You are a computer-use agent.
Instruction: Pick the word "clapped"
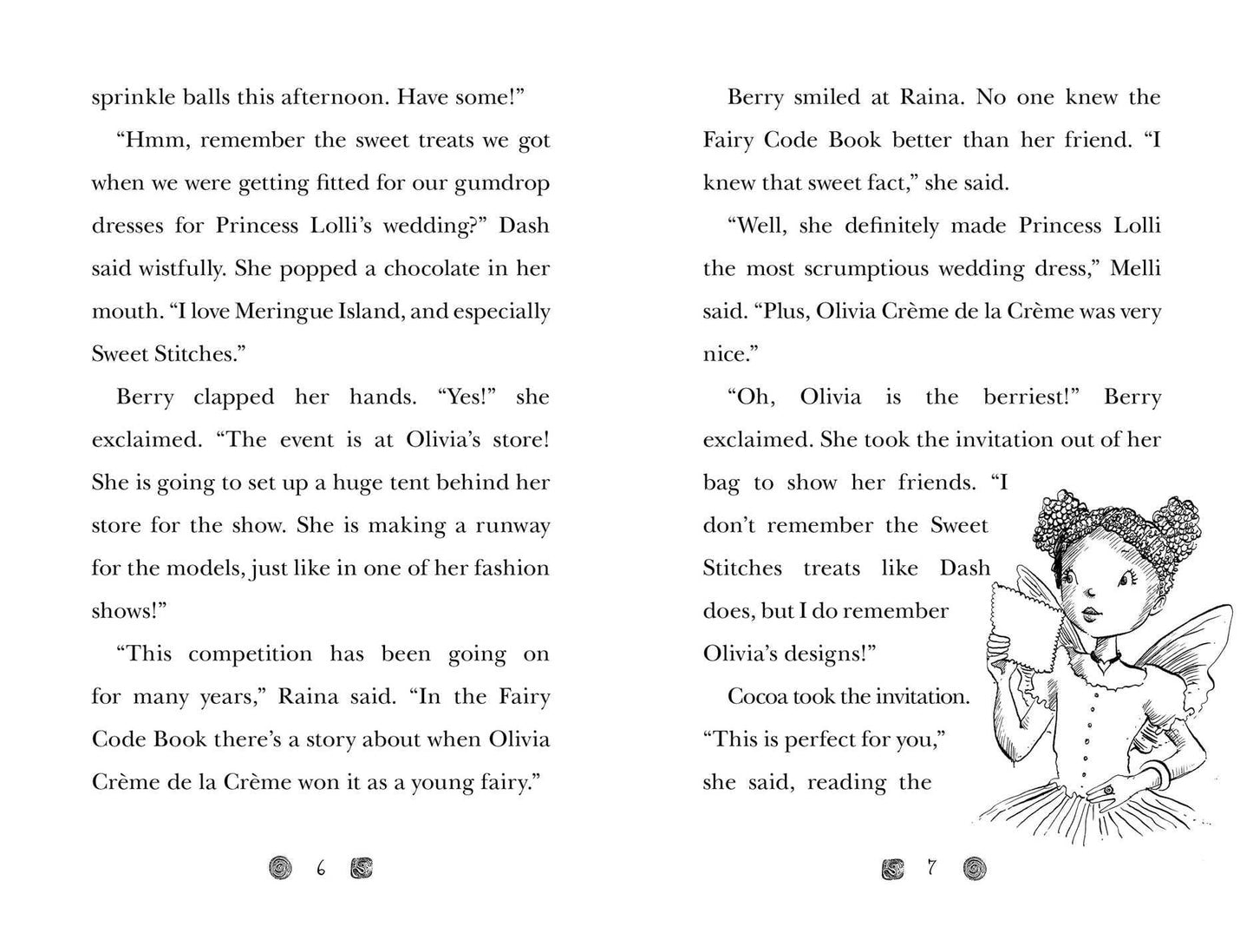tap(233, 398)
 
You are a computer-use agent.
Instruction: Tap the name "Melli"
tap(1135, 269)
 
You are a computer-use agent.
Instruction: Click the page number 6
tap(321, 868)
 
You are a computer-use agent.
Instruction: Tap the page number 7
tap(931, 867)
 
